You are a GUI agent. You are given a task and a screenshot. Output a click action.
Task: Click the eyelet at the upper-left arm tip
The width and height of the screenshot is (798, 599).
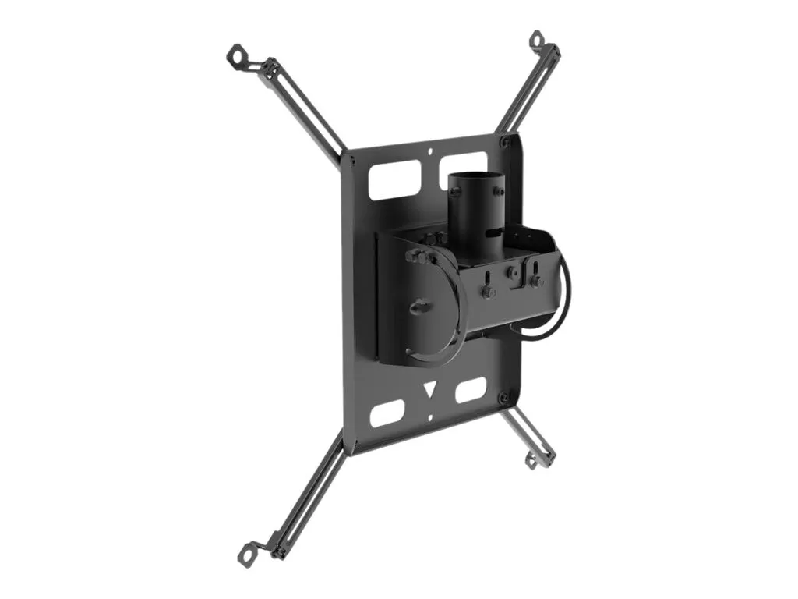[x=235, y=54]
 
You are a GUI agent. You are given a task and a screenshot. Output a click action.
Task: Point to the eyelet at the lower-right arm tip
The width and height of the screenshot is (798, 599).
[x=533, y=462]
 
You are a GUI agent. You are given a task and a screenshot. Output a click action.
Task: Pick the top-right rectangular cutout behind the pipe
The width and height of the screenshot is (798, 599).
[x=461, y=166]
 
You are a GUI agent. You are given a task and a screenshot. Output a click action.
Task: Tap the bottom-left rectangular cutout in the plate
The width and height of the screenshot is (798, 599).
[x=387, y=413]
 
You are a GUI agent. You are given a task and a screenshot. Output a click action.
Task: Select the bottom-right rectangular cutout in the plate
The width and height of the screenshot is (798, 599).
[x=470, y=390]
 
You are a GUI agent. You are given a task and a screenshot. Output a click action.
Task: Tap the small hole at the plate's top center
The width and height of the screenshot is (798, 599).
[x=431, y=151]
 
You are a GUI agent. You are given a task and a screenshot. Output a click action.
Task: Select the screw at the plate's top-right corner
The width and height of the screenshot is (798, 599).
[x=506, y=142]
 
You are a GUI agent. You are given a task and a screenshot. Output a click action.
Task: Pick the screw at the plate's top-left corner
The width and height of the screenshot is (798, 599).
[x=351, y=161]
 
